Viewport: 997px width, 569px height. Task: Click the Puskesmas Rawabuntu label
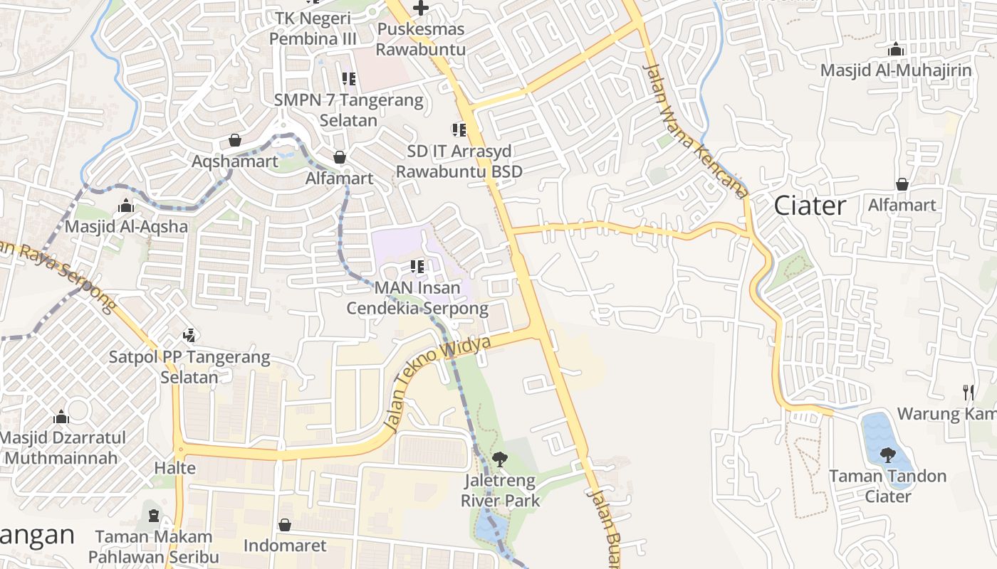pyautogui.click(x=421, y=39)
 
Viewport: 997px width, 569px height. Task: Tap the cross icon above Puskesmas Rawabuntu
pyautogui.click(x=421, y=9)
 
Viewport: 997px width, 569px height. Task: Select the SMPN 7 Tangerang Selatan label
pyautogui.click(x=349, y=110)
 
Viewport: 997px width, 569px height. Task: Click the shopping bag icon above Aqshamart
pyautogui.click(x=235, y=141)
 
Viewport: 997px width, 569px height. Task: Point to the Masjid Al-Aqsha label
pyautogui.click(x=127, y=227)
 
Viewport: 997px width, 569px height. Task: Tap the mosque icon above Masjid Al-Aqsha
pyautogui.click(x=126, y=206)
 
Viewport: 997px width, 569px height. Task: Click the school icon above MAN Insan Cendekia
pyautogui.click(x=417, y=267)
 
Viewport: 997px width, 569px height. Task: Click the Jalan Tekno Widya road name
pyautogui.click(x=437, y=385)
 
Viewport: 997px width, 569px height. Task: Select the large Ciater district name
pyautogui.click(x=810, y=206)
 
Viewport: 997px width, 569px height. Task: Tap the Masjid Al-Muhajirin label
pyautogui.click(x=896, y=70)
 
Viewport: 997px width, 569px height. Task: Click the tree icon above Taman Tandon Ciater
pyautogui.click(x=887, y=455)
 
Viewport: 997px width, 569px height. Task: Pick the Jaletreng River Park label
pyautogui.click(x=500, y=491)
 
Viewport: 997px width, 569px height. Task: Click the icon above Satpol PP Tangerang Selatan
pyautogui.click(x=189, y=335)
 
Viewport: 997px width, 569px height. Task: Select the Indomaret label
pyautogui.click(x=285, y=546)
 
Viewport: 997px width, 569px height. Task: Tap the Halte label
pyautogui.click(x=175, y=468)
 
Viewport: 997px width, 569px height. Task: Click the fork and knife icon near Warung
pyautogui.click(x=968, y=392)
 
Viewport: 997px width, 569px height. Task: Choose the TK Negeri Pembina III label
pyautogui.click(x=313, y=28)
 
